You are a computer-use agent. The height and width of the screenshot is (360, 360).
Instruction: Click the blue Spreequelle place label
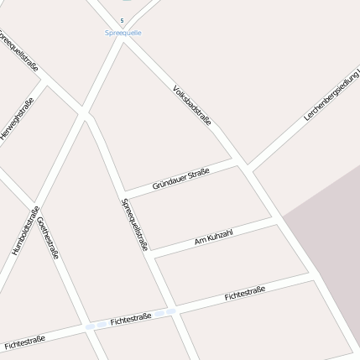tap(123, 33)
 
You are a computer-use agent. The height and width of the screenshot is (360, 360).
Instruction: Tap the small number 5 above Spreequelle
tap(123, 20)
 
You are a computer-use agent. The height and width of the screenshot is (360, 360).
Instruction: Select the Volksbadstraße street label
tap(191, 105)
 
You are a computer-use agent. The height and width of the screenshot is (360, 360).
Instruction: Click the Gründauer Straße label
tap(180, 178)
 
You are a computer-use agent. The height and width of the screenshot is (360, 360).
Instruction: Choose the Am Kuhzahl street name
tap(213, 236)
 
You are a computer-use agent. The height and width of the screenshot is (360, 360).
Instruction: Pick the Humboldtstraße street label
tap(25, 231)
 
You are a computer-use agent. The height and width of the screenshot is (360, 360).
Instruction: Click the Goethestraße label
tap(49, 237)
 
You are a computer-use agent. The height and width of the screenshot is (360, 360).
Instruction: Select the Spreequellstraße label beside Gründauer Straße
tap(135, 224)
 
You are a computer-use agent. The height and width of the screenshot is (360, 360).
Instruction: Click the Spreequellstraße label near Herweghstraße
tap(18, 50)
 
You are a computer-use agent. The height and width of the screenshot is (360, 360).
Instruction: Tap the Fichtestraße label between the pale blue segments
tap(131, 319)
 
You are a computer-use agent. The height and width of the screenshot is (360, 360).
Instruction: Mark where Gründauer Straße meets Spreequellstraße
tap(122, 195)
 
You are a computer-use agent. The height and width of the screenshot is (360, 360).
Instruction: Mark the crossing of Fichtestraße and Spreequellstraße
tap(174, 309)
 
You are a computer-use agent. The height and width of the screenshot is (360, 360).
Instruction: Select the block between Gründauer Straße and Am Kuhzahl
tap(201, 206)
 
